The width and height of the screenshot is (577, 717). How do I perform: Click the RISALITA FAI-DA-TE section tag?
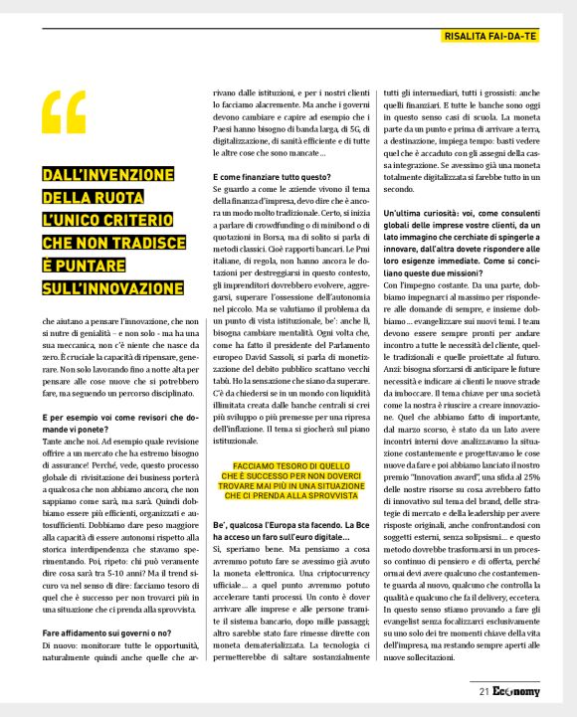(489, 37)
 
